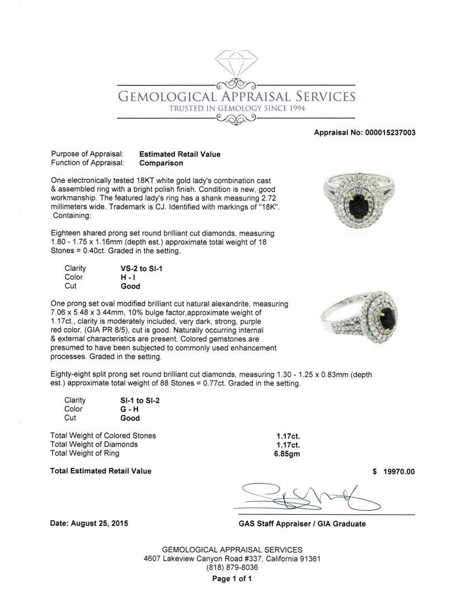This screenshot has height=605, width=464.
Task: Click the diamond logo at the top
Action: coord(236,65)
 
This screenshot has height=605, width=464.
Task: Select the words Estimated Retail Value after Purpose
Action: coord(180,154)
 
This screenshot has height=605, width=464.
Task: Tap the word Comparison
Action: coord(161,163)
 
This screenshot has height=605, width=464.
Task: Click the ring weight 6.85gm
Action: coord(287,454)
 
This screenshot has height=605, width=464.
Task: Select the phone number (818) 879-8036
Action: coord(232,567)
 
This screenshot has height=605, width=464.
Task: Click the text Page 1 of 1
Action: coord(232,579)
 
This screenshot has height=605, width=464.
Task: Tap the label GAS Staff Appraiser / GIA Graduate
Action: coord(302,524)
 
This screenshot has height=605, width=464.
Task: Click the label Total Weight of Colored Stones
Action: coord(104,435)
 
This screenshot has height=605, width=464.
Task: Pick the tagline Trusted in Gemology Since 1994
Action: coord(237,108)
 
